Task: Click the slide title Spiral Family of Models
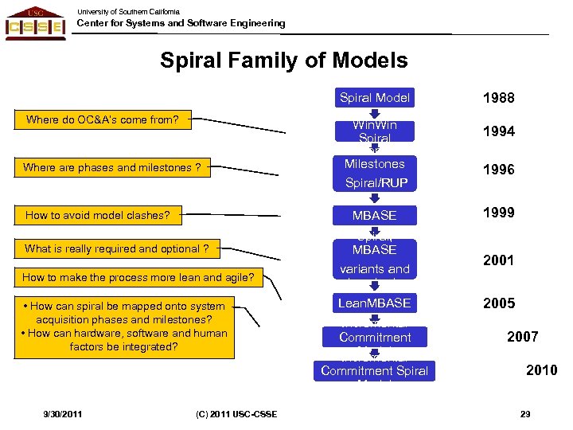[x=284, y=61]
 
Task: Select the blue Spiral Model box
[x=374, y=98]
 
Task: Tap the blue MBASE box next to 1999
[x=374, y=215]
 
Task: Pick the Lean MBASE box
[x=374, y=303]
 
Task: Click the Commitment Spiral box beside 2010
[x=374, y=370]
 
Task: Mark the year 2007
[x=522, y=337]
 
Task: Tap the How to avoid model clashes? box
[x=98, y=215]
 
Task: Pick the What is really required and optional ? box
[x=116, y=248]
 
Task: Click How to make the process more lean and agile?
[x=138, y=278]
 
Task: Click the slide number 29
[x=524, y=413]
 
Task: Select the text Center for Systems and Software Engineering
[x=181, y=23]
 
